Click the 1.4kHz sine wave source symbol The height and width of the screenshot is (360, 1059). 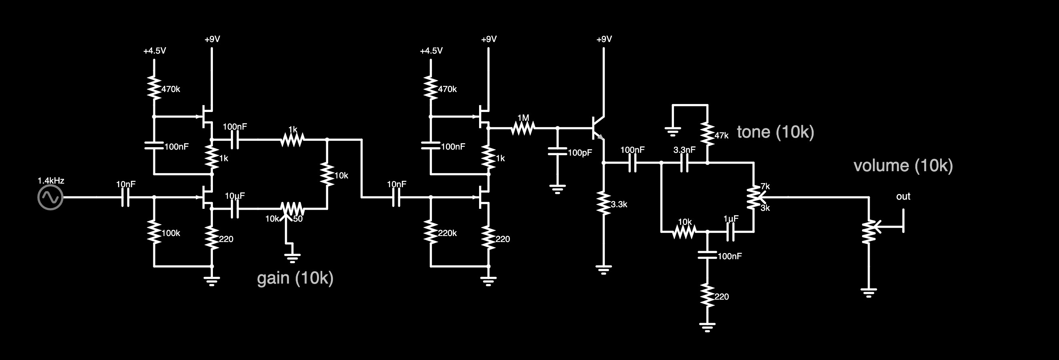(50, 197)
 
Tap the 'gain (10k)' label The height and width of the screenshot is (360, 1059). (295, 278)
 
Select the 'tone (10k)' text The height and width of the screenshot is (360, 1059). (775, 132)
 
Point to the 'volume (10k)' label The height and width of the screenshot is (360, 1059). (903, 166)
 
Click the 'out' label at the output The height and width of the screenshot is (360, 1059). (903, 196)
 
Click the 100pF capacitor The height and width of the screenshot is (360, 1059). (558, 151)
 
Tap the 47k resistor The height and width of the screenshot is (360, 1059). (707, 134)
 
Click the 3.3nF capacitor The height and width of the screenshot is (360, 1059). (684, 163)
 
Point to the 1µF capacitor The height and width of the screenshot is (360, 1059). (730, 232)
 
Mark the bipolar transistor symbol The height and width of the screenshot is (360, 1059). (598, 128)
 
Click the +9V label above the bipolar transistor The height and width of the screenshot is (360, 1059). (604, 39)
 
